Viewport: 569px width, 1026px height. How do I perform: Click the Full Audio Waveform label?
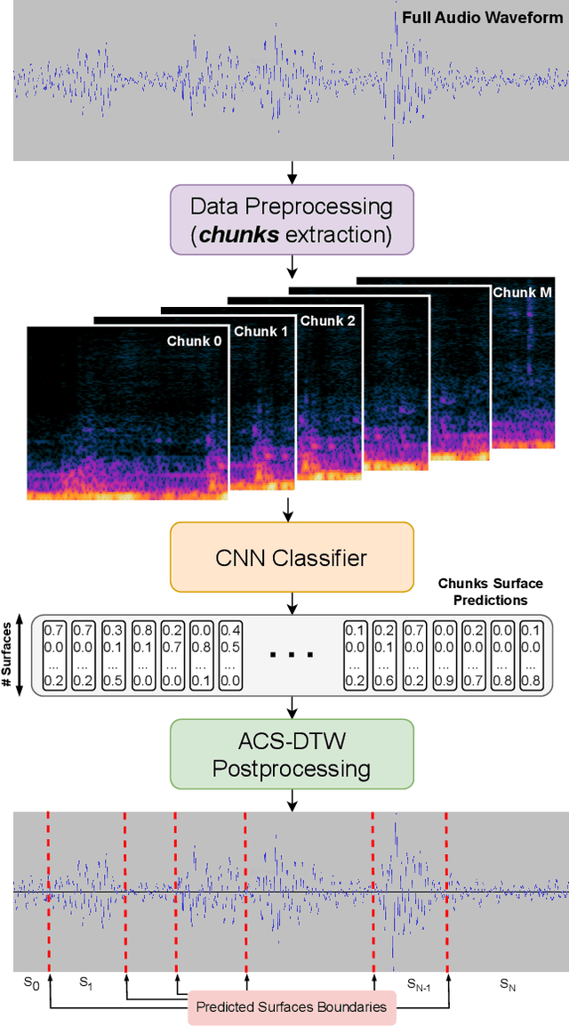pos(482,17)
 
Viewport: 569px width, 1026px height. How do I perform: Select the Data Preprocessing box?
pos(292,220)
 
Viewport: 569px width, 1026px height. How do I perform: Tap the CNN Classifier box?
pos(292,558)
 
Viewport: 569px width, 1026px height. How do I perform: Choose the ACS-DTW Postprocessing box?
pos(292,754)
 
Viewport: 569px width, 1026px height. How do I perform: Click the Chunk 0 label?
pos(194,340)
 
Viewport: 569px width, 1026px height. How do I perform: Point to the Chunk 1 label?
pos(260,331)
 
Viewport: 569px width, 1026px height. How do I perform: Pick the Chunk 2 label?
pos(327,320)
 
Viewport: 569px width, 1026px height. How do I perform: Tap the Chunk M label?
pos(522,292)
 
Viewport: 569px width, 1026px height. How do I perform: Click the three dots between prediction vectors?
pos(292,654)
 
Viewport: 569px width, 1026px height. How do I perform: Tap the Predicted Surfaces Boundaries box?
pos(292,1006)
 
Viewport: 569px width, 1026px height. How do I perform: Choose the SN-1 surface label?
pos(419,983)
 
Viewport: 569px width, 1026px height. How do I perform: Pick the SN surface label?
pos(507,983)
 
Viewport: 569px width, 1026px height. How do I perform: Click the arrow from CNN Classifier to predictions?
pos(292,603)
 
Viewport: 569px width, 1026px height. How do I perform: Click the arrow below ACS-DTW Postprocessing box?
pos(292,800)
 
